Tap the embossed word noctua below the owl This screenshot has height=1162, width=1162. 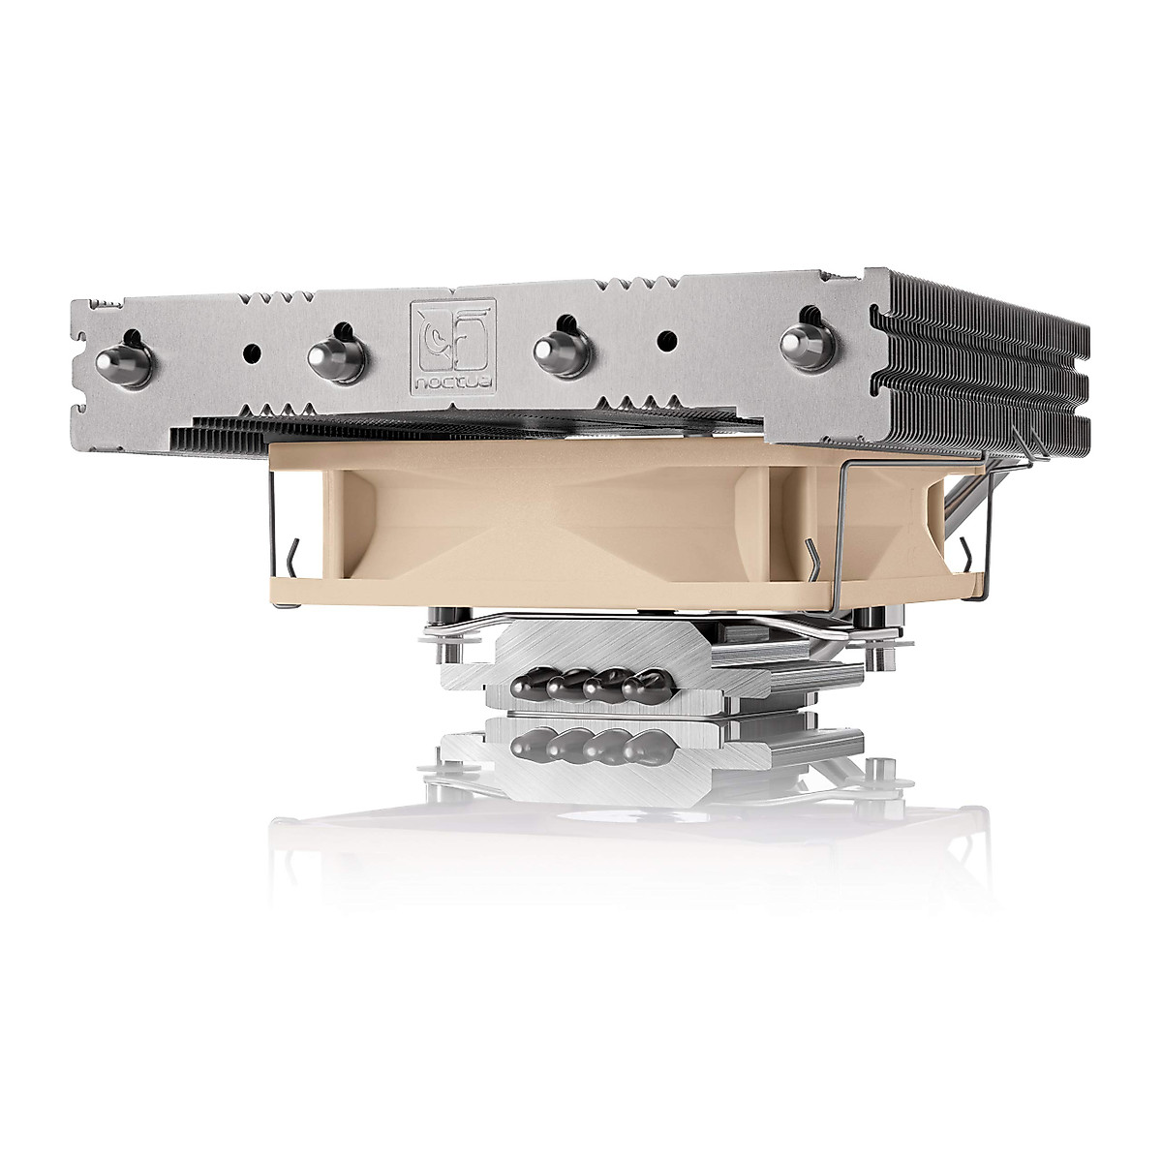(x=453, y=382)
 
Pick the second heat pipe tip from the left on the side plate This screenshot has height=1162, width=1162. (x=336, y=356)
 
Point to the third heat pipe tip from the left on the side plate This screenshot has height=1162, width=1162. (x=562, y=351)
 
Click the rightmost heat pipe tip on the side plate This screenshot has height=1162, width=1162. (x=808, y=345)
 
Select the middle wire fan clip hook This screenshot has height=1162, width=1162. (x=811, y=562)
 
